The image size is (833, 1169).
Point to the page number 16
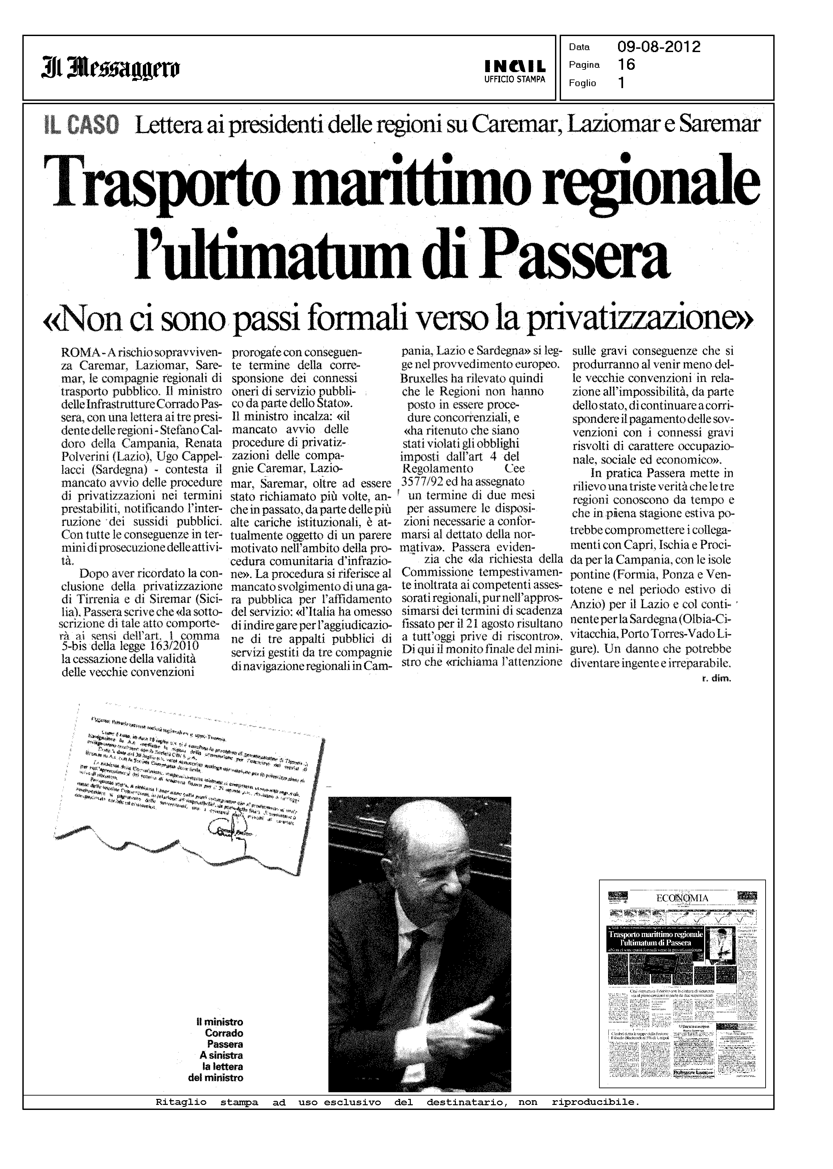(x=626, y=65)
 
